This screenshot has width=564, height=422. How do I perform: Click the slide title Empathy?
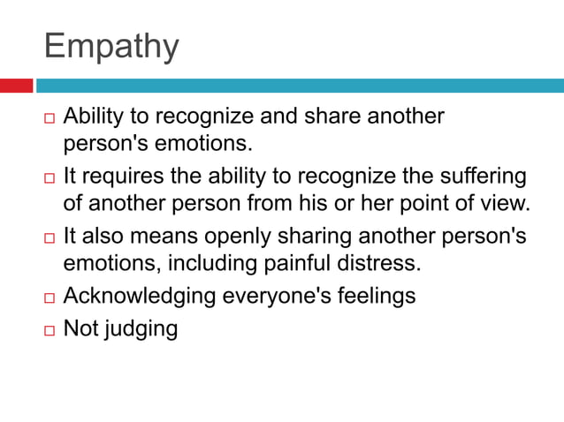tap(111, 46)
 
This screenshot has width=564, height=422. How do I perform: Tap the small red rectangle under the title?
tap(16, 86)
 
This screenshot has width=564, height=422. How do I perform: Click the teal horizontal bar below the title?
tap(299, 86)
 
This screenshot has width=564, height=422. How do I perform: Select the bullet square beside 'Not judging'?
tap(49, 330)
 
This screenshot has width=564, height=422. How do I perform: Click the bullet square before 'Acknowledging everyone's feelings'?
tap(49, 298)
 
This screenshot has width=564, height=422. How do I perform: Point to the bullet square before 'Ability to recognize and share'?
tap(49, 118)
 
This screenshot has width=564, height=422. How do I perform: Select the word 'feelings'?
tap(372, 297)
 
